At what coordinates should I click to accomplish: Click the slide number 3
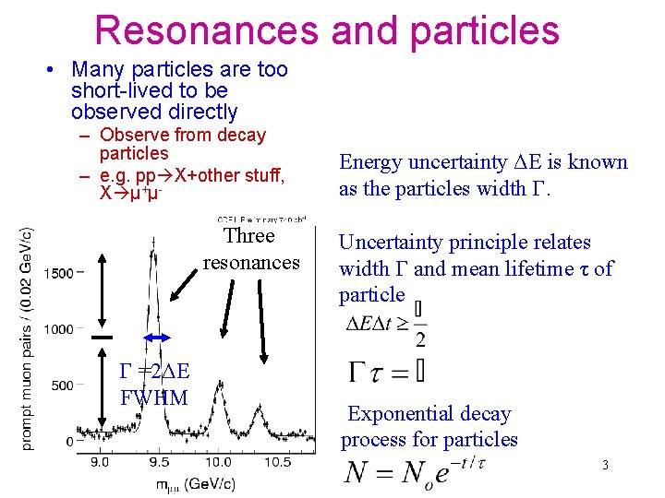pos(605,465)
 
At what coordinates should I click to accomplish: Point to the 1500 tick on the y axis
pos(61,273)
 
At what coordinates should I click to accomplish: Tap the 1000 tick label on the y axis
pos(61,329)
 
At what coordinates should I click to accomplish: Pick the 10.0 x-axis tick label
pos(218,462)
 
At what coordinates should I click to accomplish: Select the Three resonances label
pos(250,249)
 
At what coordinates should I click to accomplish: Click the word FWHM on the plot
pos(154,398)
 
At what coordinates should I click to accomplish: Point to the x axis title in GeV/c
pos(189,483)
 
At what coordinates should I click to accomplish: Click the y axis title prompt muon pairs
pos(26,339)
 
